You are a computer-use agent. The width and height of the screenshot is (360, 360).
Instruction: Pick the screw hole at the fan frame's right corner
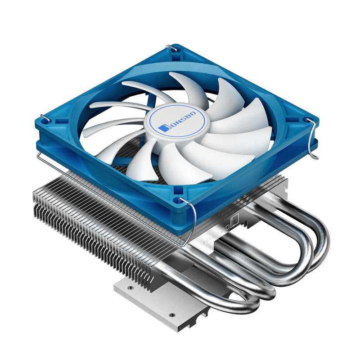[307, 122]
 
